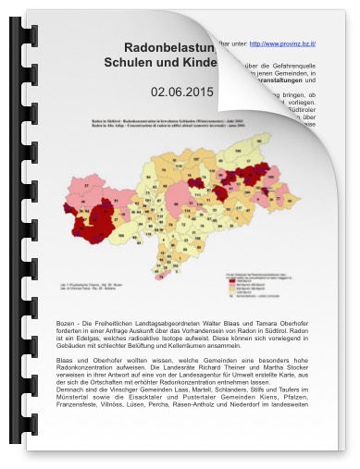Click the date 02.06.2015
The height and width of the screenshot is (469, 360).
click(182, 93)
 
